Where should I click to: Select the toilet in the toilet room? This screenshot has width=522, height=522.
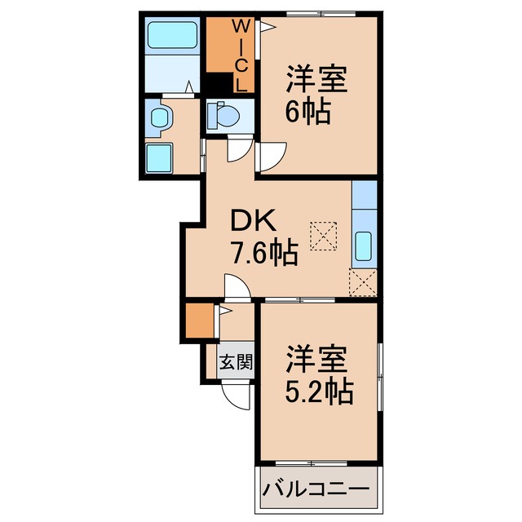222,116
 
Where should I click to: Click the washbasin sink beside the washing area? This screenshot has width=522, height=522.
160,118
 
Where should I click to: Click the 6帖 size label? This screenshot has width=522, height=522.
307,111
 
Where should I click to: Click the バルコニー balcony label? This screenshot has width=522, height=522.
319,492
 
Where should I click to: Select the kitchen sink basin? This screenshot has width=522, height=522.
365,246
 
